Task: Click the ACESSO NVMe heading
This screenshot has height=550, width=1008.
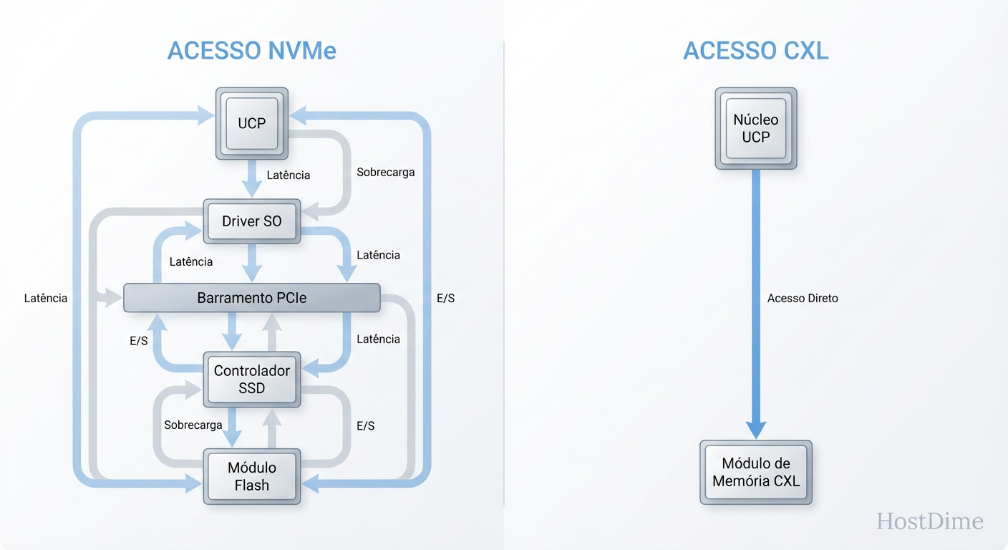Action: (x=252, y=51)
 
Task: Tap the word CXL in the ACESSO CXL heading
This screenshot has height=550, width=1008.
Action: (x=801, y=51)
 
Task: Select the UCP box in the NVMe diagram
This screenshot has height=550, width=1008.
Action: (x=252, y=123)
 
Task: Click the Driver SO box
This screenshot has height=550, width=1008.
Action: (x=252, y=221)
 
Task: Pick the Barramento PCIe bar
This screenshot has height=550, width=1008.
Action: (x=252, y=298)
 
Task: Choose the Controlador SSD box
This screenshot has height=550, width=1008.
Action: (x=252, y=380)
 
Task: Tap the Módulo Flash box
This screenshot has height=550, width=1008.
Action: (x=252, y=476)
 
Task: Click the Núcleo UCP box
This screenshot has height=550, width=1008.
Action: (x=755, y=128)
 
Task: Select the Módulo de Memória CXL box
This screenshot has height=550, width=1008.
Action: (x=755, y=473)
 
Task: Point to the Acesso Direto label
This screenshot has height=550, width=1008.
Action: (x=802, y=298)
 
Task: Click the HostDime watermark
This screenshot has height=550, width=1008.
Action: (x=930, y=521)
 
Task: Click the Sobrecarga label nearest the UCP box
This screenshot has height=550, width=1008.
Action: (x=385, y=172)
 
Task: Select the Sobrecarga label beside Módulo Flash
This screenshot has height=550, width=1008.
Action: (x=193, y=425)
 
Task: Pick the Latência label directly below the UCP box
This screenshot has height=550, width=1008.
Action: (x=288, y=175)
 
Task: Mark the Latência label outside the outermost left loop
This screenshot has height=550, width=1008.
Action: (x=46, y=298)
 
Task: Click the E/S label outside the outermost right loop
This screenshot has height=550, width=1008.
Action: (x=445, y=298)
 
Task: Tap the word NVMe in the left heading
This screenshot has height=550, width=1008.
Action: (x=301, y=51)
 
